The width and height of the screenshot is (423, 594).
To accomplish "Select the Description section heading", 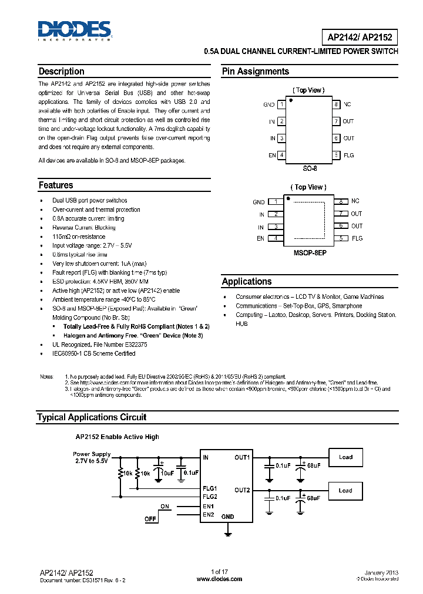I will tap(61, 72).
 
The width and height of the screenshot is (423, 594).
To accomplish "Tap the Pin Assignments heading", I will tap(255, 72).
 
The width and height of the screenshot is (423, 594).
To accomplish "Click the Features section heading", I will tap(56, 185).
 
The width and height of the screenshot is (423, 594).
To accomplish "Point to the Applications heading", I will tap(247, 282).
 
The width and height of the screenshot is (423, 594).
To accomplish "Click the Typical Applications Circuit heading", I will tap(91, 417).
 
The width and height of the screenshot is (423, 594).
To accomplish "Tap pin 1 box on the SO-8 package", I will tap(282, 104).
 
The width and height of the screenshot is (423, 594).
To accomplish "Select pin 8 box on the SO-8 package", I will tap(336, 104).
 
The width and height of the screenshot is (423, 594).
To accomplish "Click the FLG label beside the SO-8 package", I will tap(349, 156).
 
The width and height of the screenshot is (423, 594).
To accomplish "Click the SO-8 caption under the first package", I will tap(310, 168).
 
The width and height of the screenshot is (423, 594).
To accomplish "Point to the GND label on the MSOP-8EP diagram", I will tap(258, 202).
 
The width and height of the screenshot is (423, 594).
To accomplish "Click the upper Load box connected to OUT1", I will tap(345, 457).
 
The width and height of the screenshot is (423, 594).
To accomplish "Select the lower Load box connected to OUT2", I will tap(345, 491).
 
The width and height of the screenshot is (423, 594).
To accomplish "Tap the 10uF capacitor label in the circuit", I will tap(167, 473).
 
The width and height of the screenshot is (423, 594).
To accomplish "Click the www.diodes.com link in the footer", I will tap(219, 579).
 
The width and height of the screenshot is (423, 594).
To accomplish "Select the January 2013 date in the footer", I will tap(381, 572).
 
